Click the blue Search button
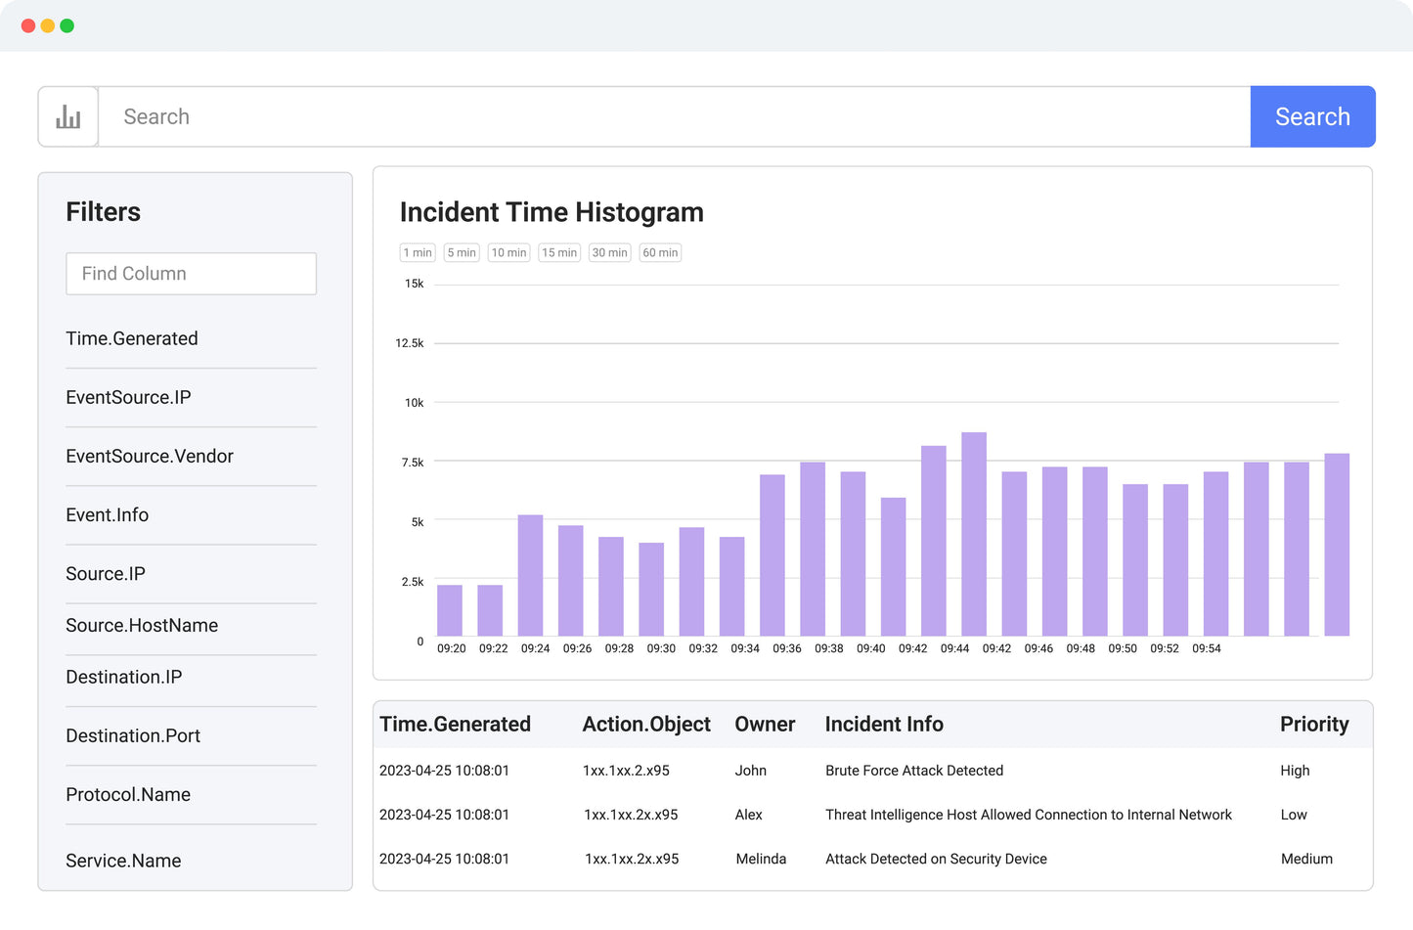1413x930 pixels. coord(1312,116)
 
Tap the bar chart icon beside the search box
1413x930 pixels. coord(68,117)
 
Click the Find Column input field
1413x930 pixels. coord(191,274)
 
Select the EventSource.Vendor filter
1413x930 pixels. coord(150,457)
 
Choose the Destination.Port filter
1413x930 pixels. coord(133,736)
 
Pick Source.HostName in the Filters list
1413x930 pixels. coord(142,626)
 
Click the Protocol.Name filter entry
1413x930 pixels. coord(128,795)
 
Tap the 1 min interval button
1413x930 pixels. coord(418,252)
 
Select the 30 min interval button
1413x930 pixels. coord(609,252)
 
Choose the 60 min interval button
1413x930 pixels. coord(660,252)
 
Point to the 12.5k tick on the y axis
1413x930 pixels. coord(410,343)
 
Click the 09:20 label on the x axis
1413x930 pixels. coord(451,648)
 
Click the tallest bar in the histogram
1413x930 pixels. coord(974,534)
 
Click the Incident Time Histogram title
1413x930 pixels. coord(552,212)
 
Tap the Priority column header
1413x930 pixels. coord(1314,725)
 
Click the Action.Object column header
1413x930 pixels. coord(646,725)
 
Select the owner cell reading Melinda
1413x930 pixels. coord(761,859)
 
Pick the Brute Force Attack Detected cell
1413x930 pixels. coord(914,771)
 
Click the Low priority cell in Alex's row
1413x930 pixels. coord(1294,815)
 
